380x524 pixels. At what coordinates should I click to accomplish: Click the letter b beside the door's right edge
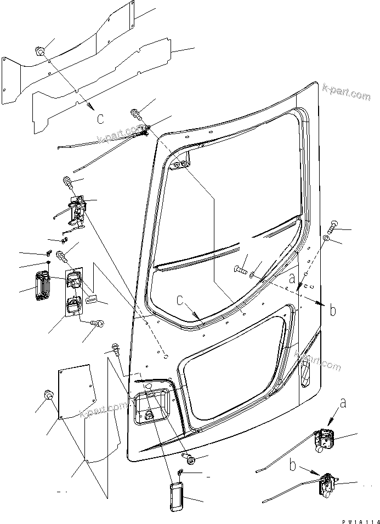pyautogui.click(x=333, y=310)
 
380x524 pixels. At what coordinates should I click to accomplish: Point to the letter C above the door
pyautogui.click(x=99, y=118)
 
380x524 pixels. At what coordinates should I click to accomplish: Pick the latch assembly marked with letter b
pyautogui.click(x=328, y=484)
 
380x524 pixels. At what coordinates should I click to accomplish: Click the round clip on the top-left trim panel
pyautogui.click(x=41, y=51)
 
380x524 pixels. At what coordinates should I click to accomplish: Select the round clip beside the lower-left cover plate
pyautogui.click(x=49, y=395)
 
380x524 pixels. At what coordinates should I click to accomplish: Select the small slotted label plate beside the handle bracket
pyautogui.click(x=92, y=298)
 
